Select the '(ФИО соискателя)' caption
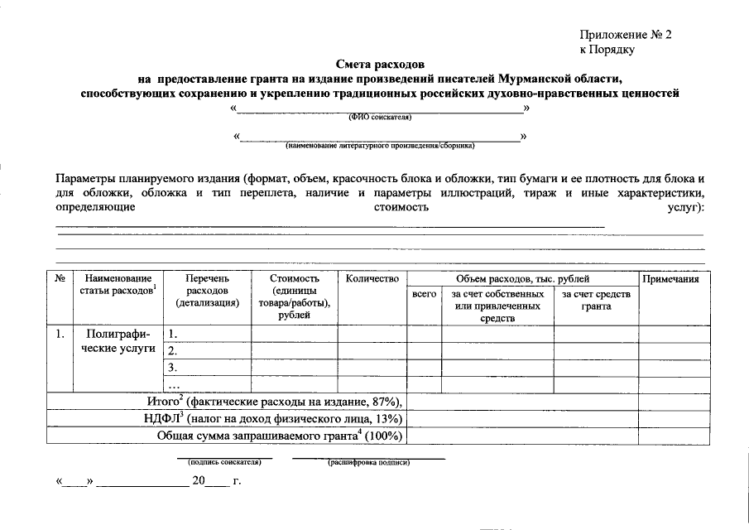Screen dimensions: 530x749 [380, 118]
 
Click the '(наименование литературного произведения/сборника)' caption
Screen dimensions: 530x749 [381, 146]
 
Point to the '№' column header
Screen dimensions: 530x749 [60, 279]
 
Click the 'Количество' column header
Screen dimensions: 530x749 [372, 279]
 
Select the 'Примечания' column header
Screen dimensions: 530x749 [670, 279]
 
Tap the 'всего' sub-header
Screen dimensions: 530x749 [424, 294]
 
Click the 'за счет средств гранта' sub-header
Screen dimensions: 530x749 [596, 300]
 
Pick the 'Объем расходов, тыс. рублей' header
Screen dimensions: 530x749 [522, 279]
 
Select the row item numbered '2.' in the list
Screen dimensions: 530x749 [173, 351]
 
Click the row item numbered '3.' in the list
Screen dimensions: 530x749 [173, 368]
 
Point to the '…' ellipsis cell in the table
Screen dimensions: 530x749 [174, 385]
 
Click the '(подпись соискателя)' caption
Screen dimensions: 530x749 [225, 462]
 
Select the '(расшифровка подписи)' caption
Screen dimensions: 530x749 [368, 462]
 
